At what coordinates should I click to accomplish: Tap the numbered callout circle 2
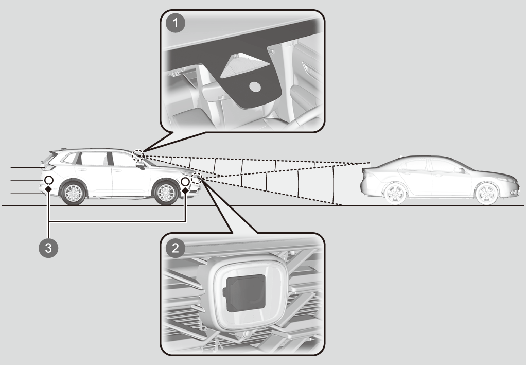(176, 248)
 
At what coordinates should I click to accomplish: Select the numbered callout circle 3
(48, 248)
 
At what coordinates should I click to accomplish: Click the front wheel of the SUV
(166, 193)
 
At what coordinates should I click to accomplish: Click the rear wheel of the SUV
(73, 193)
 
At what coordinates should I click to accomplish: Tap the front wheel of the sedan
(486, 194)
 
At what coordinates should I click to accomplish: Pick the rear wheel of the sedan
(394, 194)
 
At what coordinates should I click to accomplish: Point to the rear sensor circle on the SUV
(49, 181)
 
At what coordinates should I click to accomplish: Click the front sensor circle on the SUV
(185, 182)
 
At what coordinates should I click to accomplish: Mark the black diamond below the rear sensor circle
(49, 189)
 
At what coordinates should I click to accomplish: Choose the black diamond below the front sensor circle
(185, 190)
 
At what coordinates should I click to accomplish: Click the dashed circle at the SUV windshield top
(138, 154)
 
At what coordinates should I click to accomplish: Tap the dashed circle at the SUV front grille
(196, 178)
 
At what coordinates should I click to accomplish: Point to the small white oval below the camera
(255, 87)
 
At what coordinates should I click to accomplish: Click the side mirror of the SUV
(141, 165)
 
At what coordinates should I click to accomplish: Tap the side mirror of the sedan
(462, 170)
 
